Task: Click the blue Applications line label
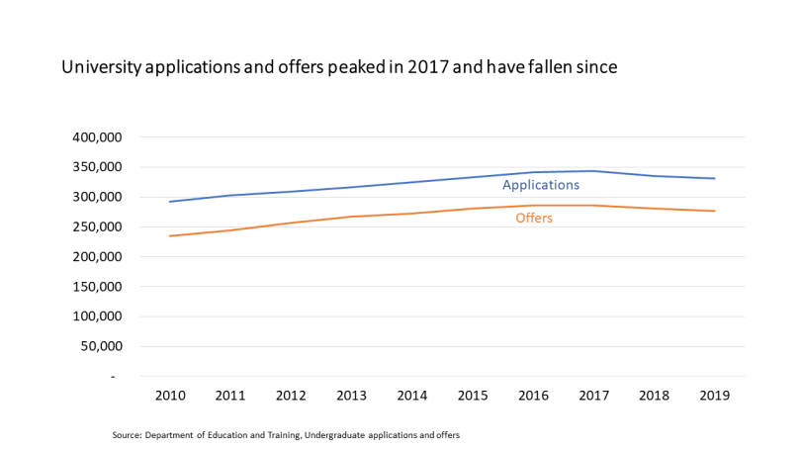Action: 540,185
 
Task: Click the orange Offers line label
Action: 534,218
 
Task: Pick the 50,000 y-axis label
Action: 104,347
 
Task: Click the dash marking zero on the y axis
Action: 113,377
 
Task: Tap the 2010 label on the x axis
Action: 170,396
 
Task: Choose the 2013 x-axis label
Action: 351,396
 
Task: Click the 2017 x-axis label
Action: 593,396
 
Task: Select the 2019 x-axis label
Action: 714,396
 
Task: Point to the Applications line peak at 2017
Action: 593,171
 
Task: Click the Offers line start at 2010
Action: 170,235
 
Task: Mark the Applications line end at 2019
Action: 714,178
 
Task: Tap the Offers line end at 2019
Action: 714,211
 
